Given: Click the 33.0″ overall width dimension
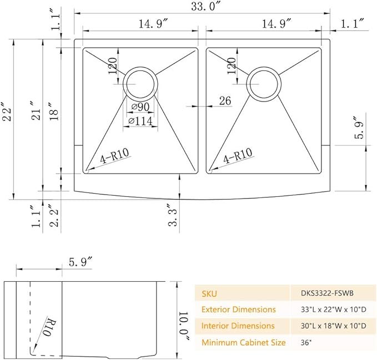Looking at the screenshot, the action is click(x=206, y=6).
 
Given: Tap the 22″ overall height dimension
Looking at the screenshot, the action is click(x=7, y=111).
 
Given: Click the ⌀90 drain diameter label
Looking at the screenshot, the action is click(x=140, y=107).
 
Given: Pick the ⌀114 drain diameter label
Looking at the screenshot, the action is click(x=140, y=121).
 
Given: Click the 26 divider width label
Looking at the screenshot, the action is click(x=225, y=100).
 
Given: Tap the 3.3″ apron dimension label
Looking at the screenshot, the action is click(x=172, y=215).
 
